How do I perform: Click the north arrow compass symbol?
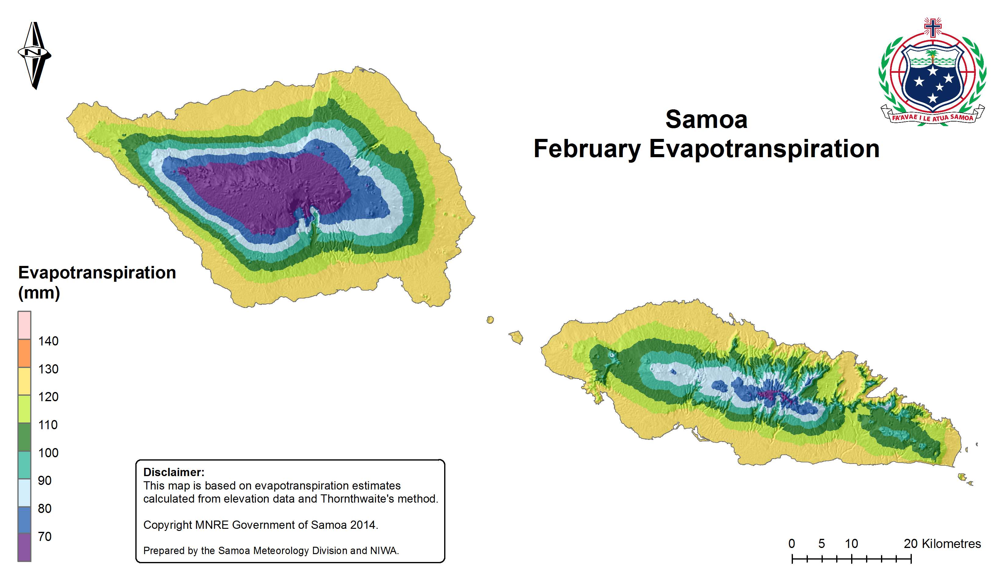[34, 55]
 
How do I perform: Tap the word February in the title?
[587, 149]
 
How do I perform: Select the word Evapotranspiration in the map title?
[764, 149]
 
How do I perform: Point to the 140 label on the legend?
[48, 341]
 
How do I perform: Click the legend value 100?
[48, 453]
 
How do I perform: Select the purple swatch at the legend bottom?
[24, 547]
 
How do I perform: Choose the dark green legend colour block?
[24, 437]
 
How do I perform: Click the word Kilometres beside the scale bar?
[951, 544]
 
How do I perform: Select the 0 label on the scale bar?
[791, 544]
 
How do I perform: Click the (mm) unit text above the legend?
[39, 293]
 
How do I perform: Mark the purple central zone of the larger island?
[265, 190]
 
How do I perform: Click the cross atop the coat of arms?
[933, 27]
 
